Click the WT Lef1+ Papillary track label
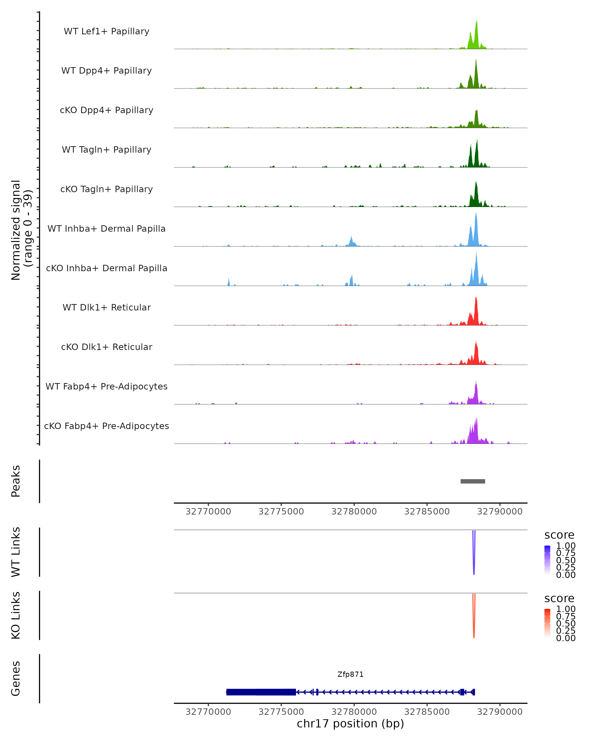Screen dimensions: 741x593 coord(106,31)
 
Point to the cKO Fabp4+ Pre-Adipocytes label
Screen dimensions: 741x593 coord(106,426)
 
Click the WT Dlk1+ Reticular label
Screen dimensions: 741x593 coord(106,307)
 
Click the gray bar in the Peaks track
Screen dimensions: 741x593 coord(473,481)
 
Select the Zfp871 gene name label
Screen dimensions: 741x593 coord(350,674)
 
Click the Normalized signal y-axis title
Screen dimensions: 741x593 coord(21,230)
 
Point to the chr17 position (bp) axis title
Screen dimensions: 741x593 coord(350,723)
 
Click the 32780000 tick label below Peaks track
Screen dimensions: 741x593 coord(354,512)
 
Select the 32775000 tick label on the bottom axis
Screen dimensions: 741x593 coord(281,712)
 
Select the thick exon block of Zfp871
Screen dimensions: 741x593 coord(261,692)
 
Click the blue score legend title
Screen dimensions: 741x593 coord(559,535)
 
